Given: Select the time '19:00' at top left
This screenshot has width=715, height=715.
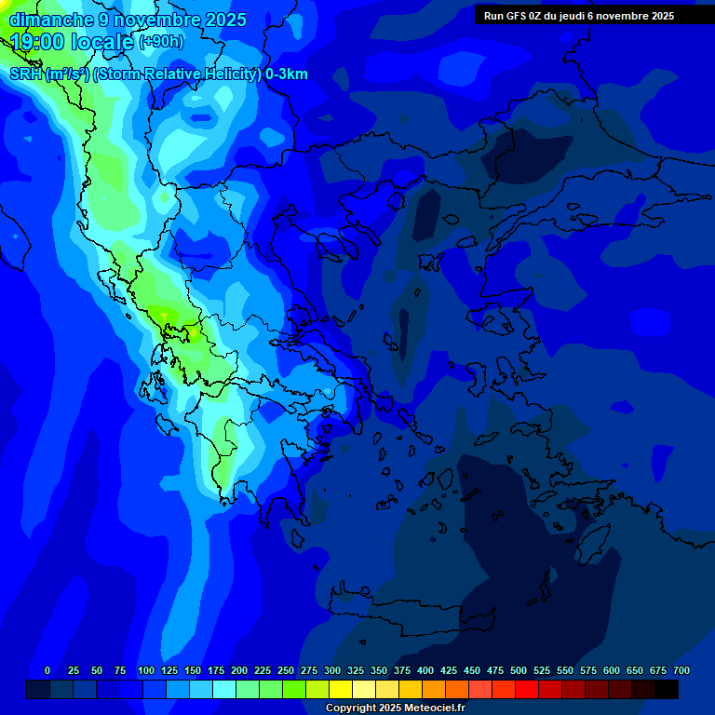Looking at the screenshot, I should [x=37, y=41].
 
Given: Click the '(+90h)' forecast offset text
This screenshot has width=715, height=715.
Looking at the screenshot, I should [x=161, y=42].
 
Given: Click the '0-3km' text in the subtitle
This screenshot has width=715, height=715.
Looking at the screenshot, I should [x=286, y=74].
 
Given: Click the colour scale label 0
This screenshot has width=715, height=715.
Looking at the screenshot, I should [x=47, y=670].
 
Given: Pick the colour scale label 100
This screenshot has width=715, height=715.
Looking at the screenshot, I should [x=146, y=670].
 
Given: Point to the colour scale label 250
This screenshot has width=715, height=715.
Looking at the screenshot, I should [x=286, y=670].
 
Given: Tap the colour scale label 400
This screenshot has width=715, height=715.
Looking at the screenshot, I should [x=425, y=670].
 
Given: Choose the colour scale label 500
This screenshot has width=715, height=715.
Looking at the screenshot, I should [x=519, y=670].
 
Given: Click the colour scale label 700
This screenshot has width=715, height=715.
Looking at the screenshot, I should [x=681, y=670].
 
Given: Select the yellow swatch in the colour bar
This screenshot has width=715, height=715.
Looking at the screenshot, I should [x=341, y=689].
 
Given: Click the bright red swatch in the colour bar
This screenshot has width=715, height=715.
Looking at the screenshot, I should [x=527, y=689].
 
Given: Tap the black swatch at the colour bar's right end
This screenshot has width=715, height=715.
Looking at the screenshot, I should [x=667, y=689].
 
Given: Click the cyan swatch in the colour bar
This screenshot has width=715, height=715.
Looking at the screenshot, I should [x=224, y=689].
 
